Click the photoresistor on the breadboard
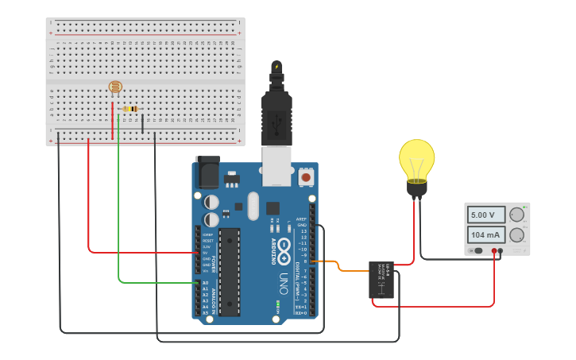(115, 87)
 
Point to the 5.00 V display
(485, 215)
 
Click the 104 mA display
(485, 235)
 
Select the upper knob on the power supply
(517, 215)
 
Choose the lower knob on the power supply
(517, 235)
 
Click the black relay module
(381, 279)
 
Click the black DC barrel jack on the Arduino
(207, 172)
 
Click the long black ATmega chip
(229, 271)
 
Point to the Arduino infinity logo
(284, 245)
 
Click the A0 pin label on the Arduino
(204, 282)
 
